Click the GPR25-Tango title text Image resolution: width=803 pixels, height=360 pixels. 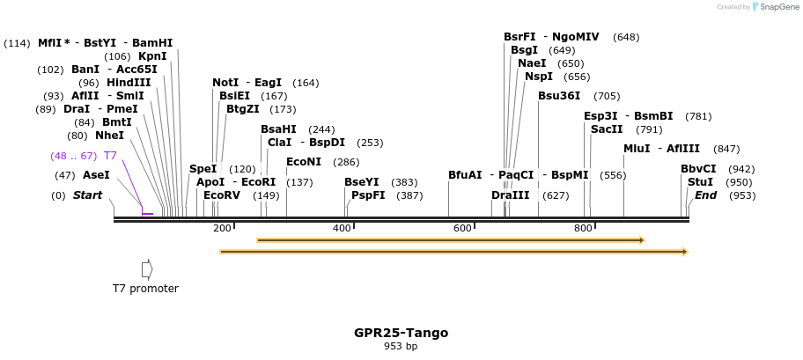401,333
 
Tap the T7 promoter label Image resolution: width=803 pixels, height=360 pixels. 145,288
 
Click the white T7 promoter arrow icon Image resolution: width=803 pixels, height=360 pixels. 147,268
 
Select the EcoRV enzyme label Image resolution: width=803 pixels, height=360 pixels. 221,195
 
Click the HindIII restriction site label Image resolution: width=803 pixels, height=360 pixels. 129,83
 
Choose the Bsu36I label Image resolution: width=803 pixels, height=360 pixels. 559,96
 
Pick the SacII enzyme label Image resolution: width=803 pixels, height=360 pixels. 607,129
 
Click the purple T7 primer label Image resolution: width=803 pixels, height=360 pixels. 110,156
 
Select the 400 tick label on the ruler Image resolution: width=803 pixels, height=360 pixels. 342,228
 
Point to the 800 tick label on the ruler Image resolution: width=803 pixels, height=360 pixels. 583,228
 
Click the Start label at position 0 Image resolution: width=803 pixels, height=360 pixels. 87,195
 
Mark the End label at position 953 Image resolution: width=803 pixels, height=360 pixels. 705,195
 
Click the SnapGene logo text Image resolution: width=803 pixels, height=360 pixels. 777,7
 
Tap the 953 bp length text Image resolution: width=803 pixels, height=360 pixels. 401,347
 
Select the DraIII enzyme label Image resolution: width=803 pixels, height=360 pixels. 511,195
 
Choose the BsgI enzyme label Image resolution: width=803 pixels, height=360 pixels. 524,50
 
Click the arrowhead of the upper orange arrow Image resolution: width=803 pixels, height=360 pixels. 641,239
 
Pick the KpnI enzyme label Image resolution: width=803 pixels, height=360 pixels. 152,56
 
